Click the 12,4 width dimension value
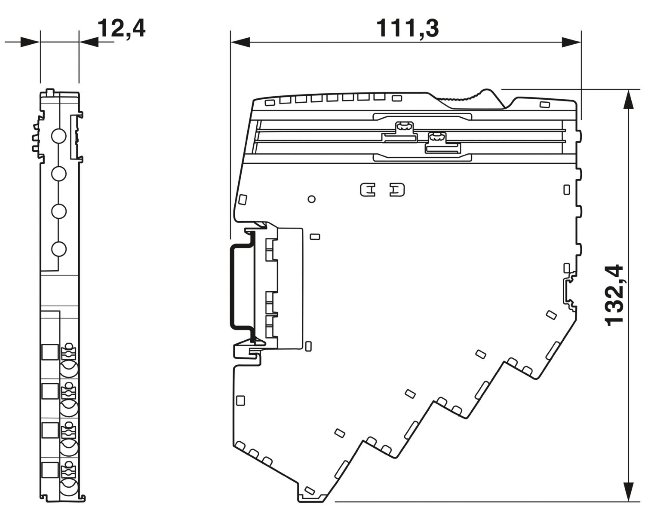[x=122, y=28]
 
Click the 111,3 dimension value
[x=407, y=28]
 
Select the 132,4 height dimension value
[x=614, y=295]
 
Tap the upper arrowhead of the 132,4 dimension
[x=629, y=100]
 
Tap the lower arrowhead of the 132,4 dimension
[x=629, y=492]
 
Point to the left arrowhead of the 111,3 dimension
[x=240, y=42]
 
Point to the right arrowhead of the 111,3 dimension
[x=571, y=42]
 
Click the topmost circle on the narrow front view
[x=58, y=136]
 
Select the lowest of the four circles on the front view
[x=58, y=249]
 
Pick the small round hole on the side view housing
[x=312, y=199]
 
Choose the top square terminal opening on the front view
[x=49, y=352]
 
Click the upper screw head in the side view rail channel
[x=403, y=127]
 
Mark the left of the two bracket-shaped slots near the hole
[x=368, y=189]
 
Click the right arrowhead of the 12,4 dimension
[x=89, y=42]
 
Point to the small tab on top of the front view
[x=49, y=92]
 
